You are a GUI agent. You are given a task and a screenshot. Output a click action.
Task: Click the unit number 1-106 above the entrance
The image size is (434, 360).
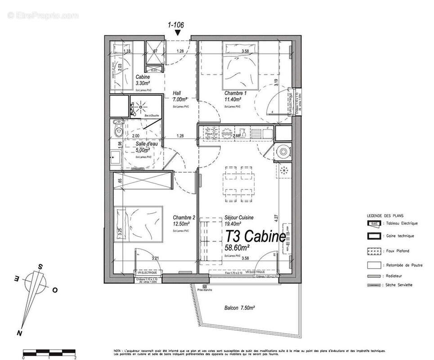(176, 25)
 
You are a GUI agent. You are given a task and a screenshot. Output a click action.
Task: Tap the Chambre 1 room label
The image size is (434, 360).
(234, 94)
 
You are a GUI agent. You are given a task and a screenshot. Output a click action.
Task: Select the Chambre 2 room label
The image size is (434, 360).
(184, 218)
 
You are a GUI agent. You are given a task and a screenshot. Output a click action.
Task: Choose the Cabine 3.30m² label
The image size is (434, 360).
(144, 80)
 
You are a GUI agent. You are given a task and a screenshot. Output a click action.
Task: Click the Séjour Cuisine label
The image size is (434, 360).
(238, 218)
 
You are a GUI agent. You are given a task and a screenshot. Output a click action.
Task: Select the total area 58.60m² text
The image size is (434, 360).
(237, 247)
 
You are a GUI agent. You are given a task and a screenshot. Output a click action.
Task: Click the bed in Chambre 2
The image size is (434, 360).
(138, 224)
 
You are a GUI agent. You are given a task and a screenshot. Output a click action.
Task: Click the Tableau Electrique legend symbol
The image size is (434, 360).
(374, 223)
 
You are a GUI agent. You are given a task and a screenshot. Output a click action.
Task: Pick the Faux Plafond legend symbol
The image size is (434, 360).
(374, 251)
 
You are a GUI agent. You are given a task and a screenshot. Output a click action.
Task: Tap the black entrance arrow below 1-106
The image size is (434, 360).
(179, 32)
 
